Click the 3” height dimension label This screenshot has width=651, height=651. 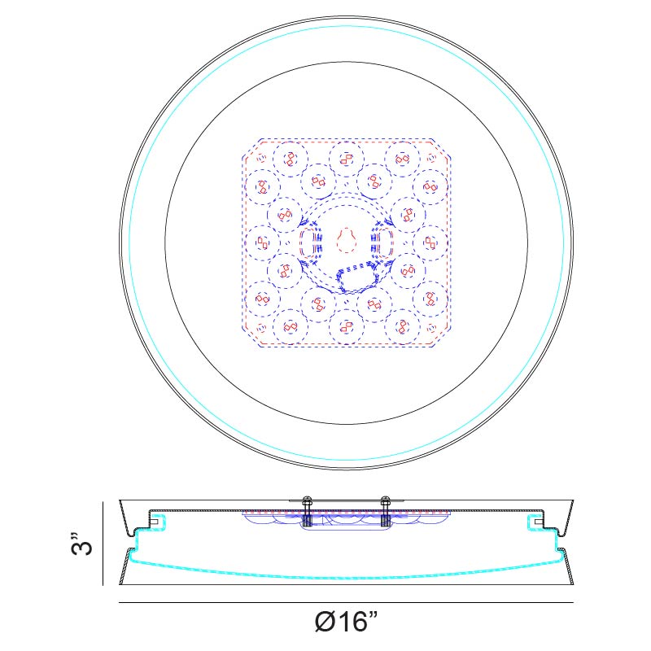click(81, 543)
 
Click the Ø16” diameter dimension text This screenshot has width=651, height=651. click(347, 622)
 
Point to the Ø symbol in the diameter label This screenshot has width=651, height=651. click(325, 622)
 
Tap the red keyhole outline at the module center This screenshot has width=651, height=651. click(347, 240)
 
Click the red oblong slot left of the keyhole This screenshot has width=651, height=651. click(309, 242)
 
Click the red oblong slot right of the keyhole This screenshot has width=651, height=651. click(384, 242)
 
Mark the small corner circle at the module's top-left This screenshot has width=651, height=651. click(261, 158)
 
